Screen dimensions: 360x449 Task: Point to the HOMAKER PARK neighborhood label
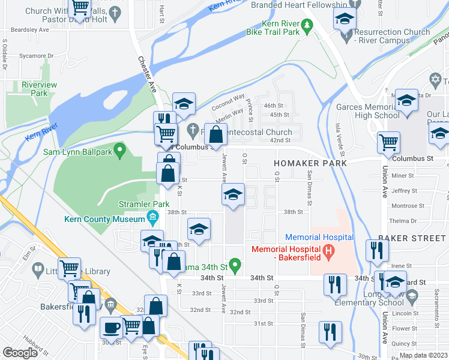(310, 163)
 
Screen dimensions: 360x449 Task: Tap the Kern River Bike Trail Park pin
(307, 25)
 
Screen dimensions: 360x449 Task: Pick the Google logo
(20, 353)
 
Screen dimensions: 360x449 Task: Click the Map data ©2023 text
(423, 355)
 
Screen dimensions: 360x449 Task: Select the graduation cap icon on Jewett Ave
(233, 194)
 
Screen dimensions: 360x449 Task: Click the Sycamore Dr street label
(35, 55)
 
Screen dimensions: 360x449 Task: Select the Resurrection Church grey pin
(346, 37)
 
